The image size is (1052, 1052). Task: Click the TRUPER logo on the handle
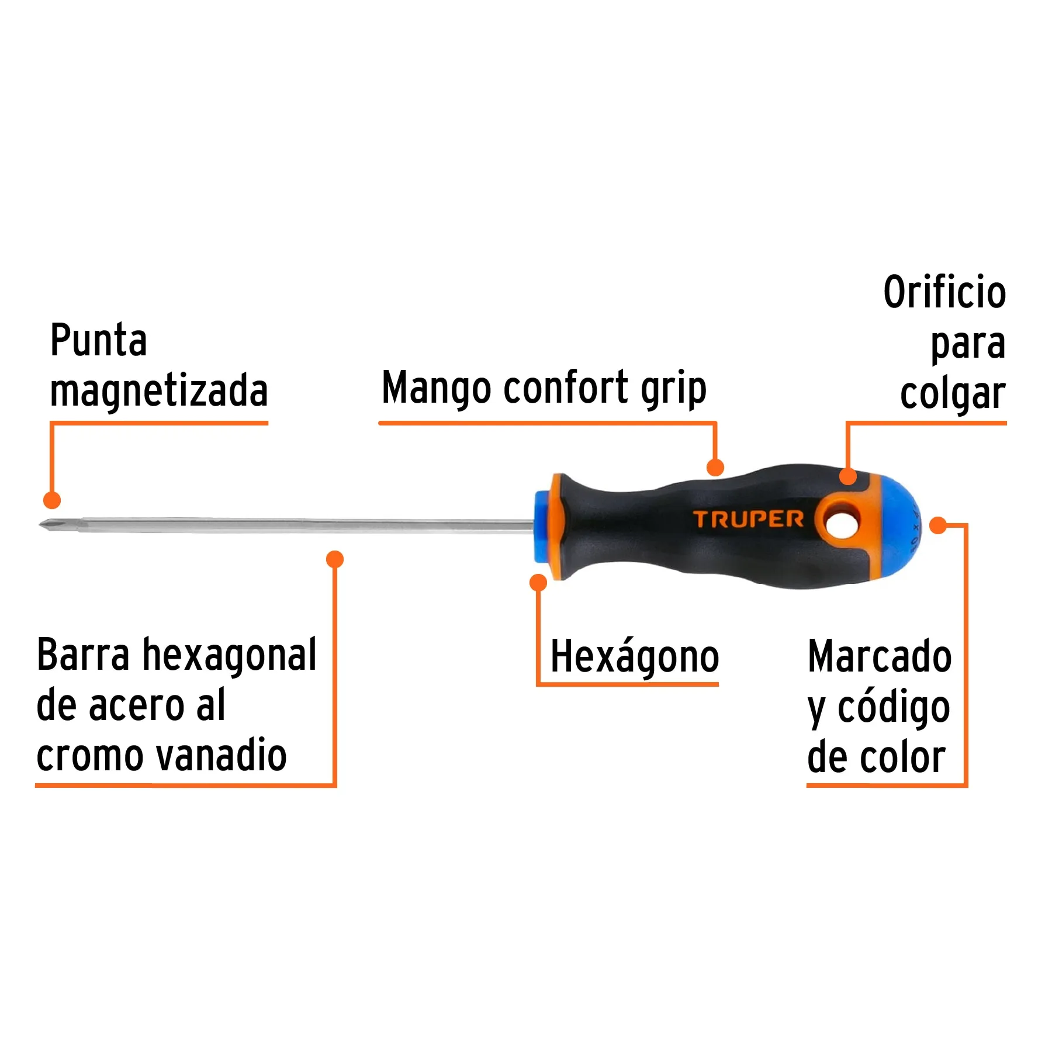click(748, 519)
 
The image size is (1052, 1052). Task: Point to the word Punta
click(98, 340)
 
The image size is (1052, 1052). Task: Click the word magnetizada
click(159, 390)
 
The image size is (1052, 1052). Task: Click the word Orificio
click(944, 292)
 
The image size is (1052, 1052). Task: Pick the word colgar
click(952, 394)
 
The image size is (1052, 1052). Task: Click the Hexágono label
click(634, 657)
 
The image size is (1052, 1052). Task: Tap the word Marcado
click(879, 656)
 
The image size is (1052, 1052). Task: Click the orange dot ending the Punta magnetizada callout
click(52, 500)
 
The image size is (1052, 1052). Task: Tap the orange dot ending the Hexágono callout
click(538, 582)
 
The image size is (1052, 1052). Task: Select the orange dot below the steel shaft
click(334, 559)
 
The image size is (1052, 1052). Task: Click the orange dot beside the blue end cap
click(937, 525)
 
